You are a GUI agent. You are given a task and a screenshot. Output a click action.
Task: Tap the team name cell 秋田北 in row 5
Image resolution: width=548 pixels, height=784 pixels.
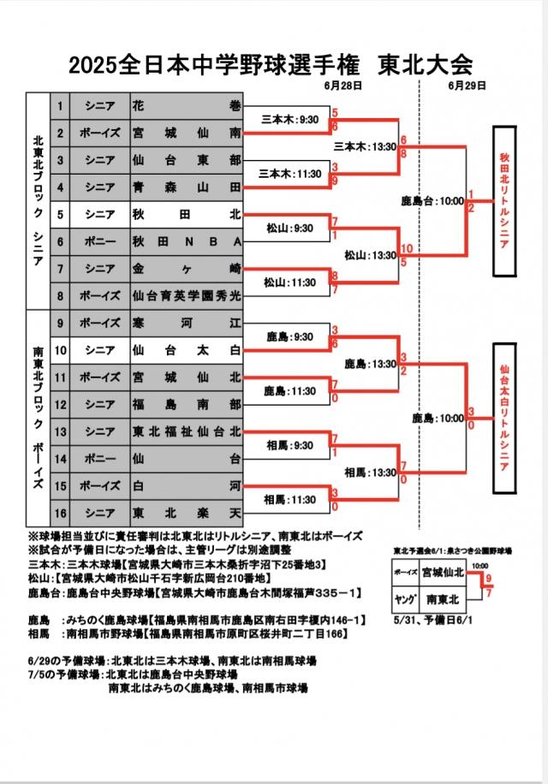click(x=187, y=214)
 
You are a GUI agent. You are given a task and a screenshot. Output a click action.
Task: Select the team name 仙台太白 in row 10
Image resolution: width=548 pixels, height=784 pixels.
click(x=187, y=349)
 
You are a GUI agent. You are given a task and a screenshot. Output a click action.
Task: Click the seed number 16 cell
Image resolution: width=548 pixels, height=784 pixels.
click(x=60, y=512)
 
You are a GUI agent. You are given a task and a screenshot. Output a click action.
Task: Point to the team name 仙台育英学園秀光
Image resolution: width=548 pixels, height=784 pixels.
click(x=187, y=295)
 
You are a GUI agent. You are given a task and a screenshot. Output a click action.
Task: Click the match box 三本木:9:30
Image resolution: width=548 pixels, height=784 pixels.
click(x=287, y=121)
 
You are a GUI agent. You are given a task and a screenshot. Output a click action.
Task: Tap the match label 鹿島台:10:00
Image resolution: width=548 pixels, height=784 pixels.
click(x=432, y=202)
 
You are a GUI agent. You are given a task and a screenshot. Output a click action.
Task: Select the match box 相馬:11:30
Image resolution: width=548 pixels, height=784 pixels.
click(x=287, y=499)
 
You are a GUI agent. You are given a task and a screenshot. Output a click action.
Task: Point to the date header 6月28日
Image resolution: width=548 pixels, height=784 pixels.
click(x=343, y=86)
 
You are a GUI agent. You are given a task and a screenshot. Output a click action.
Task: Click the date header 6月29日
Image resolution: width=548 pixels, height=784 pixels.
click(x=467, y=86)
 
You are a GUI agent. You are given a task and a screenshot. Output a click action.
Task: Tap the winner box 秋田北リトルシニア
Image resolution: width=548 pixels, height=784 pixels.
click(x=504, y=201)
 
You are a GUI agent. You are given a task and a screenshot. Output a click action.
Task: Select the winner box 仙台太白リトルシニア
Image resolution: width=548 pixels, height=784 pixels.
click(x=504, y=418)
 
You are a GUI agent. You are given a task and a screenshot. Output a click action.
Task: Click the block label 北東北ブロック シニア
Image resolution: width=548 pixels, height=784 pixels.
click(x=38, y=201)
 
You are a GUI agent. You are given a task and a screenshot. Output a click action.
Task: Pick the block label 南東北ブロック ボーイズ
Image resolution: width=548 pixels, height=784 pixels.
click(x=38, y=418)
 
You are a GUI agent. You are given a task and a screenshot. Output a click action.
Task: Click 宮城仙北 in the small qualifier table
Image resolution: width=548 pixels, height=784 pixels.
click(x=445, y=573)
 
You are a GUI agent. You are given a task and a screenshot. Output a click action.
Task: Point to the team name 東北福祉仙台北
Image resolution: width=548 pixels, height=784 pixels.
click(x=187, y=431)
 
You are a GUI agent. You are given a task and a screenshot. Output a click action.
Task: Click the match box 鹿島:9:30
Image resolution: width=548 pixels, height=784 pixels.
click(x=287, y=336)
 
